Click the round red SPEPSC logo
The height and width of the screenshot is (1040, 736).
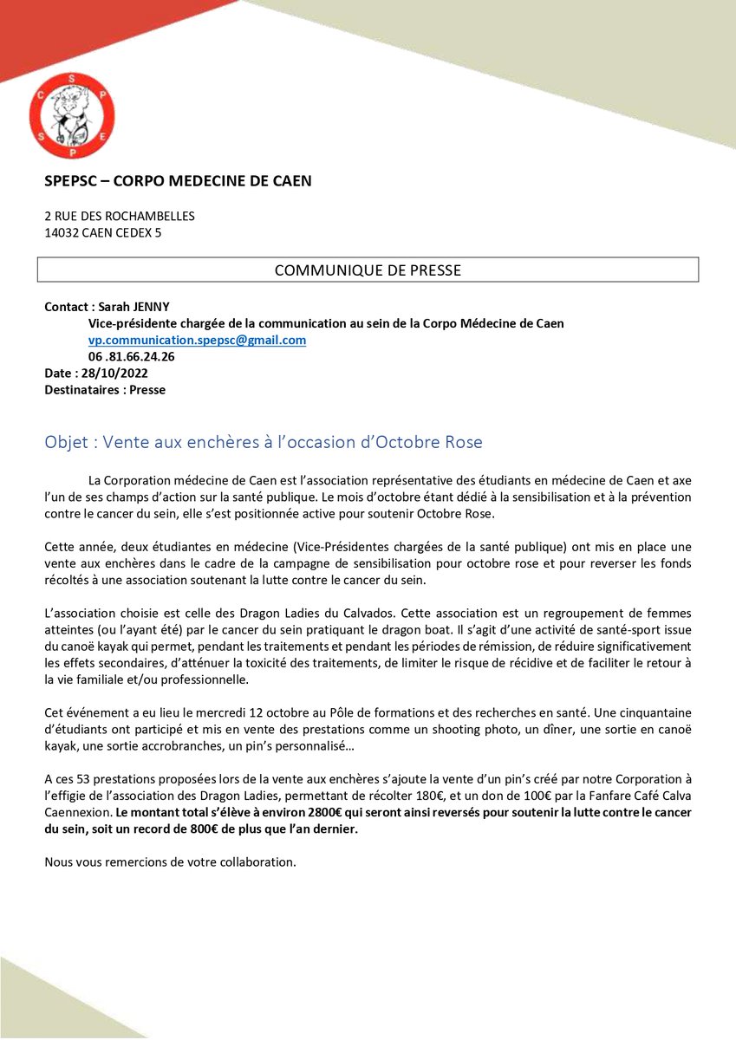(72, 115)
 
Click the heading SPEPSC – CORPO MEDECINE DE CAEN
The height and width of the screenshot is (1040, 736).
(178, 181)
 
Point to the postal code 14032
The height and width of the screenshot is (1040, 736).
(62, 232)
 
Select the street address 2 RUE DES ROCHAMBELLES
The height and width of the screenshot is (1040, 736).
(120, 216)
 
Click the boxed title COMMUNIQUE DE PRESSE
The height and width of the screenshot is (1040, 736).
(368, 270)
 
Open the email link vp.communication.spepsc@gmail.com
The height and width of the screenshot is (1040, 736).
(197, 340)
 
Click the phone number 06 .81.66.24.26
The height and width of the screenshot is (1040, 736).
(132, 356)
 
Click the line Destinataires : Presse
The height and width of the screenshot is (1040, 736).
(105, 390)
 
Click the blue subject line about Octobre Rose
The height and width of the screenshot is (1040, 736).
(264, 442)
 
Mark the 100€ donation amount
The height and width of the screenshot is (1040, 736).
(532, 796)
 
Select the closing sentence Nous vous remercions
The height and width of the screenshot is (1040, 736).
(170, 862)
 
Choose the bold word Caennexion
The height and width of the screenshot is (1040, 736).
(78, 813)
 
